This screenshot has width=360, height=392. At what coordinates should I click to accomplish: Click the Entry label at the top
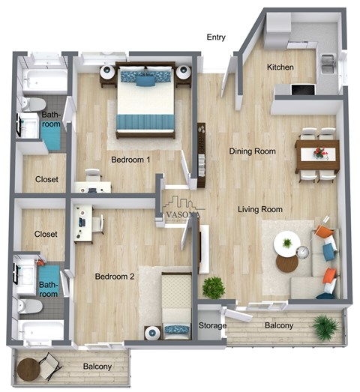216,37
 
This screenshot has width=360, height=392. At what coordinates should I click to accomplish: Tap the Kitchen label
280,67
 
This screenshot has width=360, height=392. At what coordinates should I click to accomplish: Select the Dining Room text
253,151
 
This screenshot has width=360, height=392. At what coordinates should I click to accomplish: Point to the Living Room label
260,209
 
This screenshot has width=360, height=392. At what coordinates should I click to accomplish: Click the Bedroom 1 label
130,160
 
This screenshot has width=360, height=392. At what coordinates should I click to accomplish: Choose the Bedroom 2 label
115,277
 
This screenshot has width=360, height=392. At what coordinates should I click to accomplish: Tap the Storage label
211,326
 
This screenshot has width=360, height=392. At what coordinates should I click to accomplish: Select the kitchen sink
328,66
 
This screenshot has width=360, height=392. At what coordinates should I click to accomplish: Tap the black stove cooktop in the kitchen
302,90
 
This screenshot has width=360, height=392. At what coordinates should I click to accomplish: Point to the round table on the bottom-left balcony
29,368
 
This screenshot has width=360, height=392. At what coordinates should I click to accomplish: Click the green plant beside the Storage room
214,287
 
